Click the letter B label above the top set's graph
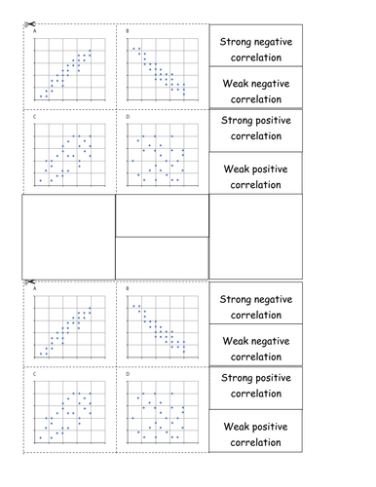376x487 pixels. click(129, 32)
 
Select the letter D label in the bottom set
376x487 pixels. click(128, 374)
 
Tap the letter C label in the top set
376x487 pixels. click(35, 117)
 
